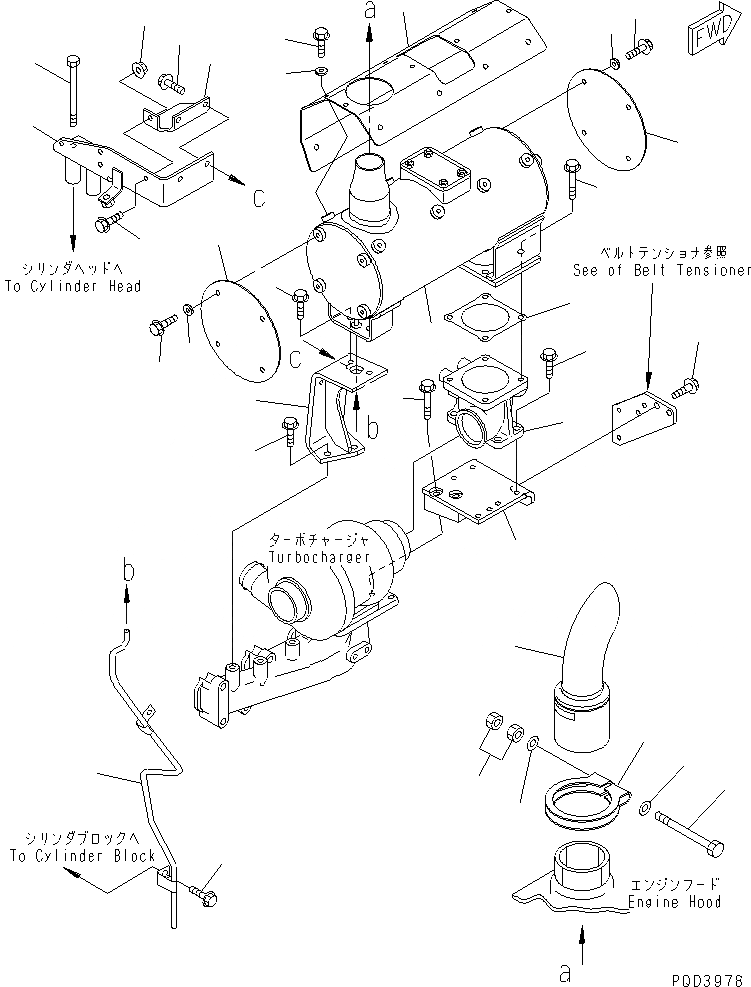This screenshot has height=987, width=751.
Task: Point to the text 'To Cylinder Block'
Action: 82,855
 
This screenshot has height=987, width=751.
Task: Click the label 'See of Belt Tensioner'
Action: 661,270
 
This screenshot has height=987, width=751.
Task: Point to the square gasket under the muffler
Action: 477,318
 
